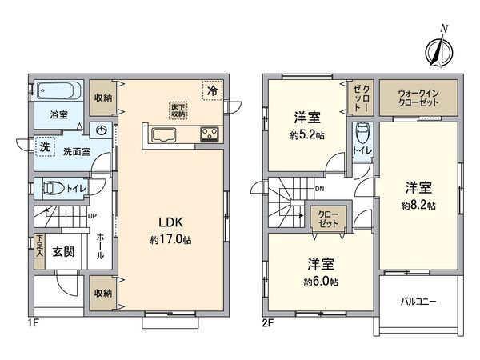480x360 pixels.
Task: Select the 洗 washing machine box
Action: [42, 146]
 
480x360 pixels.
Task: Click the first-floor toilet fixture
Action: [54, 189]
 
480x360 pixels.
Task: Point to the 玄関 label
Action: [63, 251]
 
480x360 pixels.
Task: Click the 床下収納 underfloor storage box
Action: [177, 110]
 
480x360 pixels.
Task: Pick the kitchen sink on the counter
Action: [166, 134]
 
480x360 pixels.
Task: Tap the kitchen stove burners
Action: [210, 134]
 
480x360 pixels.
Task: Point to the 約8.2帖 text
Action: [419, 206]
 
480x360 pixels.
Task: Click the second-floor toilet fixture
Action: [361, 133]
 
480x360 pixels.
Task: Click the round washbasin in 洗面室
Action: [102, 132]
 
